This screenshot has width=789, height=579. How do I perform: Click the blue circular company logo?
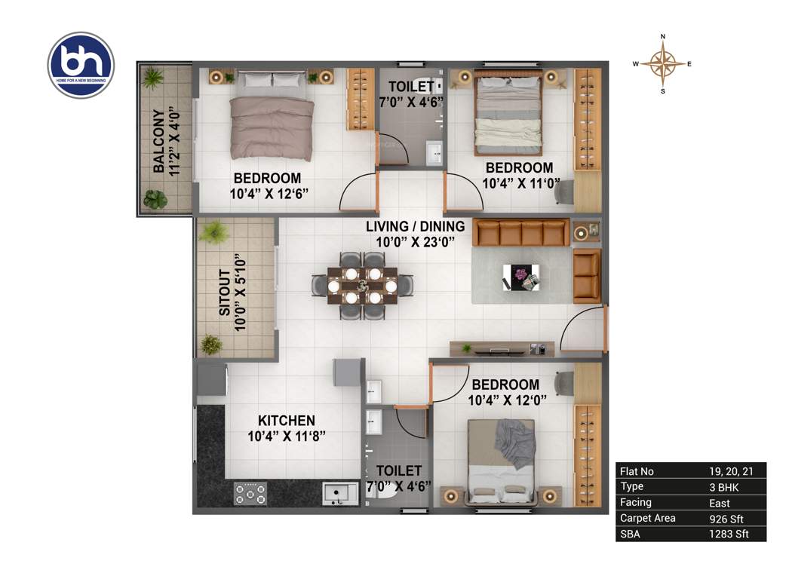click(81, 65)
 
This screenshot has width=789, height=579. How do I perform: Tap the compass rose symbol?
click(662, 64)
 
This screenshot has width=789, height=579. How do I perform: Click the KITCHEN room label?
click(287, 420)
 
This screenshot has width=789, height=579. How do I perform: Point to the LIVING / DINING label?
click(415, 226)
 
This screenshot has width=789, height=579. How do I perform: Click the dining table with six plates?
click(362, 284)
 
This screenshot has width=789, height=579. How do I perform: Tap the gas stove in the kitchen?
click(250, 494)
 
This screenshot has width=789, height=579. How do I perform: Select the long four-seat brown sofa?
click(520, 232)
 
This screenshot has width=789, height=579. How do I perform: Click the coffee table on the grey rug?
click(520, 277)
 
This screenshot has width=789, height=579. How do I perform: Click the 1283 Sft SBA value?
click(728, 534)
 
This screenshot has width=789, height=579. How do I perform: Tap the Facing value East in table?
click(719, 502)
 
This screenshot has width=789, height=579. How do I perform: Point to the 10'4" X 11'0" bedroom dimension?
click(518, 182)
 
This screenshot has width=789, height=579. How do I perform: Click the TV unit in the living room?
click(501, 349)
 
